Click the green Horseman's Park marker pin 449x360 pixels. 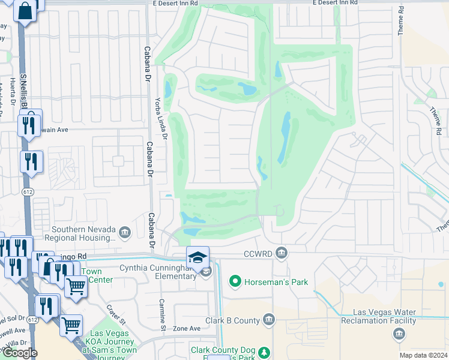click(x=235, y=281)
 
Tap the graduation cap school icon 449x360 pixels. click(x=197, y=257)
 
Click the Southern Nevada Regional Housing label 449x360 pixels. click(x=83, y=233)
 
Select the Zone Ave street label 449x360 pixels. click(x=186, y=329)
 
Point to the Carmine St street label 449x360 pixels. click(x=162, y=314)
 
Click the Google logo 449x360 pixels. click(x=19, y=353)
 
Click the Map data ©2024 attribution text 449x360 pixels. click(x=423, y=355)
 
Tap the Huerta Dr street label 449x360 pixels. click(x=12, y=92)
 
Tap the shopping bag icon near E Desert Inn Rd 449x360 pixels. click(x=25, y=11)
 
